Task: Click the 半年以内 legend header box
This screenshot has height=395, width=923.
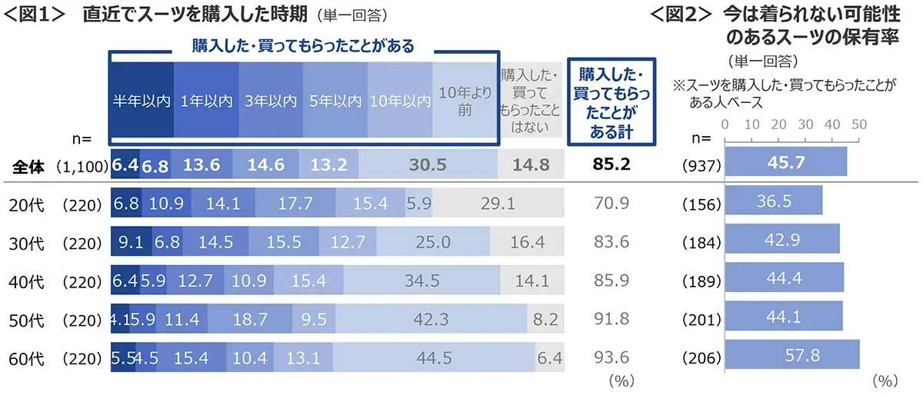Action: coord(142,101)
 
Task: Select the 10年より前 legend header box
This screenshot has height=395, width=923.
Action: coord(464,101)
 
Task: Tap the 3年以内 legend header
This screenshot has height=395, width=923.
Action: coord(271,101)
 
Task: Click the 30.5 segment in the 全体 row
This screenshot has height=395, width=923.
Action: coord(428,164)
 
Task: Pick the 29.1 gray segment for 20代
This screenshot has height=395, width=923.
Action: coord(497,204)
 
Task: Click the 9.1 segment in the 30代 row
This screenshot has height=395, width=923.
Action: coord(132,242)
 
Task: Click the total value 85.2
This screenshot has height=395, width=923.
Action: coord(612,164)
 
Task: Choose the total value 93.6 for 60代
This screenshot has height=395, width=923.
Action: coord(612,357)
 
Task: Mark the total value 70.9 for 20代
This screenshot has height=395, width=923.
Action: coord(612,204)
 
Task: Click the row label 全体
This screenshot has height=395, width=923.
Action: coord(29,164)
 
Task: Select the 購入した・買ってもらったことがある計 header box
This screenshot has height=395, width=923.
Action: coord(612,101)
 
